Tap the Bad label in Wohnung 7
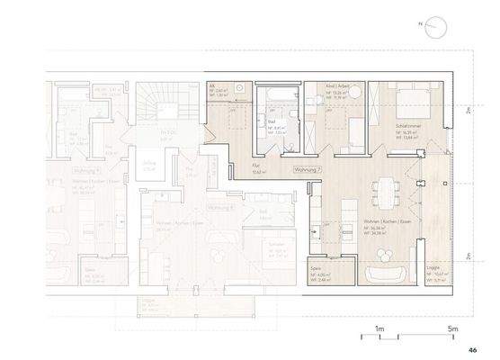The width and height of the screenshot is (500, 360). tap(272, 121)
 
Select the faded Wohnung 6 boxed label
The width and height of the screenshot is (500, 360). tap(221, 208)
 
